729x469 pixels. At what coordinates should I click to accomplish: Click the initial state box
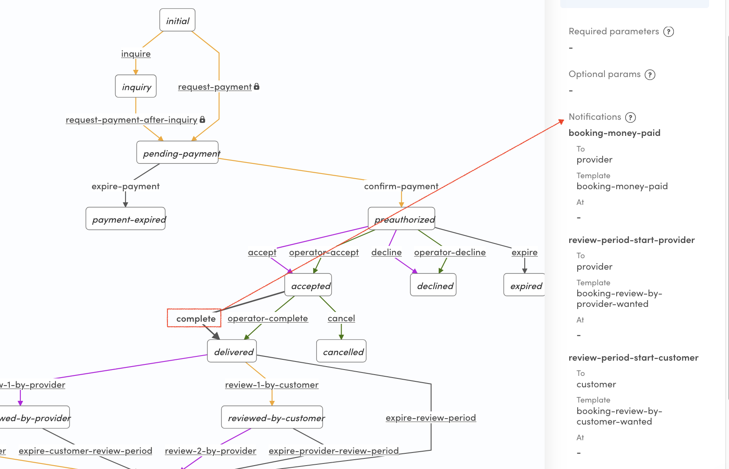tap(178, 20)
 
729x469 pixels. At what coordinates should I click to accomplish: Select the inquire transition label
tap(136, 54)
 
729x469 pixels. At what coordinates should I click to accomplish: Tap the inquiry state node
tap(136, 86)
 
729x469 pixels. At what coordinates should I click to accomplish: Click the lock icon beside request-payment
tap(256, 86)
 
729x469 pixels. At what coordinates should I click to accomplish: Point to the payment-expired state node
tap(126, 219)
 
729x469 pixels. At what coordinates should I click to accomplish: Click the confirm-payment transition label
tap(401, 186)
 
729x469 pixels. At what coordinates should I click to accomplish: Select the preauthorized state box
tap(402, 219)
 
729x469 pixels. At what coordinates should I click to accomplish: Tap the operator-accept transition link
tap(324, 252)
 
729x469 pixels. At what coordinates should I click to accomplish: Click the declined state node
tap(434, 285)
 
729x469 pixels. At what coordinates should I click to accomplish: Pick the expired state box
tap(525, 285)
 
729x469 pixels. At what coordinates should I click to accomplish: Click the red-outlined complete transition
tap(195, 318)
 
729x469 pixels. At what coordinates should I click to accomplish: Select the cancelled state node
tap(342, 351)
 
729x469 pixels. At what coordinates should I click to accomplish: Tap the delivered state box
tap(232, 351)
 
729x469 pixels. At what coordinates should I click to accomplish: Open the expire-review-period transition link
tap(431, 418)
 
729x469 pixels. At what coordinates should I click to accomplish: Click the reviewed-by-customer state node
tap(273, 418)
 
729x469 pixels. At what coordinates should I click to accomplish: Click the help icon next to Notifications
tap(631, 117)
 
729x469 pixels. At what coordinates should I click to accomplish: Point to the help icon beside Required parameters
tap(669, 32)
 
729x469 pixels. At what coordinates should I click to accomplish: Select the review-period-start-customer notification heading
tap(633, 358)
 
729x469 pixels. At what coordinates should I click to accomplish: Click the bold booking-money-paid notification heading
tap(614, 133)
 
